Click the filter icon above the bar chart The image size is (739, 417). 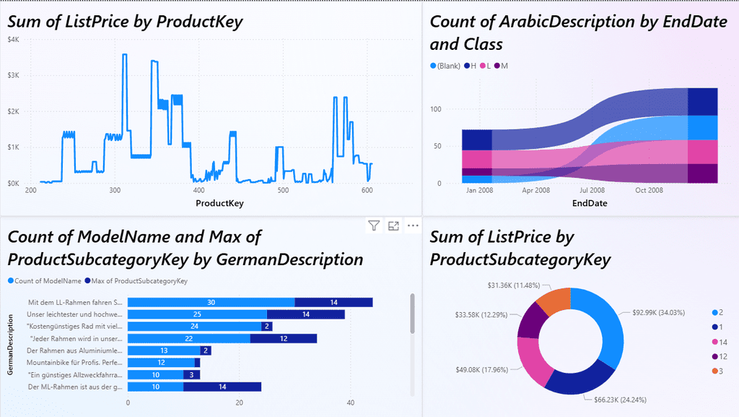pos(373,226)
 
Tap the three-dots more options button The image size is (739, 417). pos(413,226)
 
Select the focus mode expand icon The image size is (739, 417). pos(393,226)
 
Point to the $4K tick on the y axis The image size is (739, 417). pos(14,39)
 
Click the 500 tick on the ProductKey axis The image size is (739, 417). pos(284,191)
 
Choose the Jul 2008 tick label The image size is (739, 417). pos(592,191)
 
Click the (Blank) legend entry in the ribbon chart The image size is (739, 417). pos(445,66)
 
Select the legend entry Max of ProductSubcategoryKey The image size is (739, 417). pos(136,280)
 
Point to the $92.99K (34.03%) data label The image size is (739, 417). pos(657,312)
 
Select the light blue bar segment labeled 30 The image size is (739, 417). pos(211,302)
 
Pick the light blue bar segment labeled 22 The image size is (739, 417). pos(188,338)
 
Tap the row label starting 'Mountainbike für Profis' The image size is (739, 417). pos(74,363)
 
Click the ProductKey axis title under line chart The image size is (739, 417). pos(219,204)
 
